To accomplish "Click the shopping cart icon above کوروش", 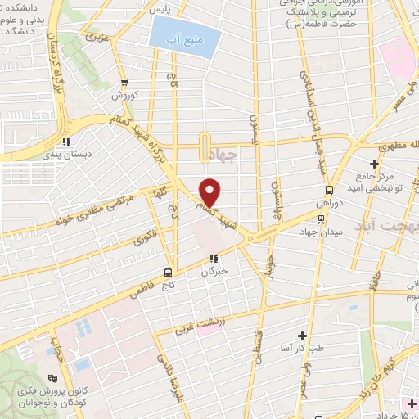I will (124, 83).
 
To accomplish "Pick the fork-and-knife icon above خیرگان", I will (214, 259).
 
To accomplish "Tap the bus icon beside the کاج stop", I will (167, 272).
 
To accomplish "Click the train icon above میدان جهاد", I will (320, 219).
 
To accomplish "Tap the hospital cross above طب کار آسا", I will (303, 336).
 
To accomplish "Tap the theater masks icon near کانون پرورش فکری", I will (54, 378).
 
